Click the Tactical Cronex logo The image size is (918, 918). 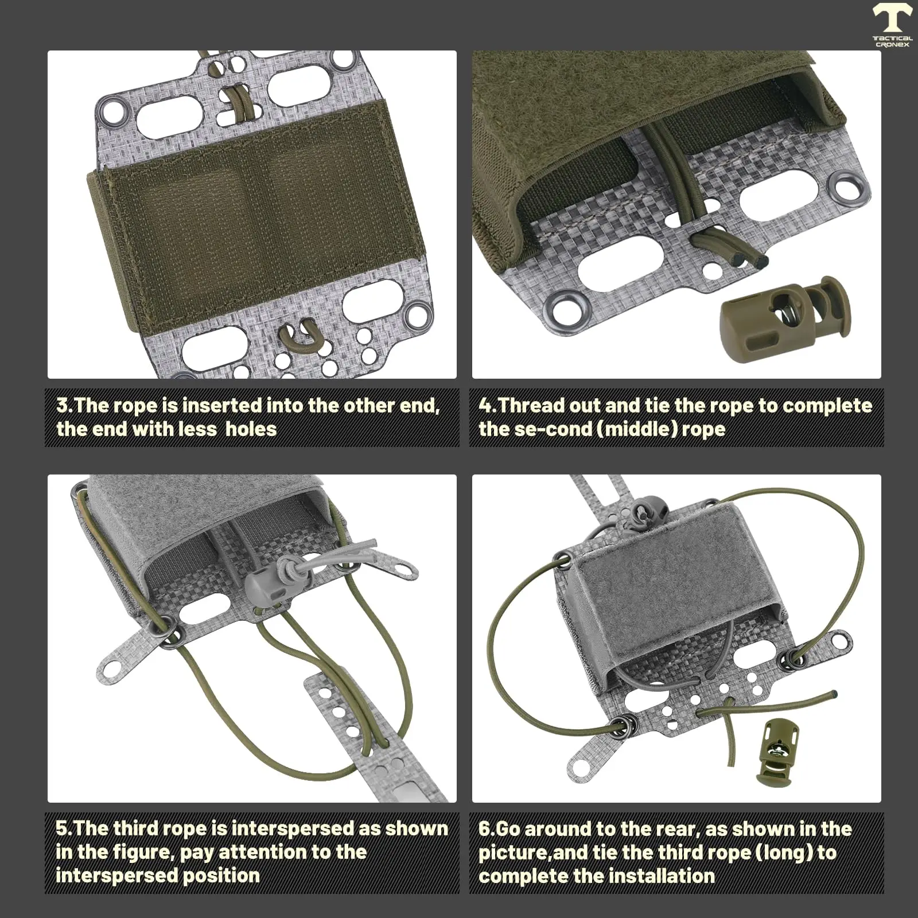(892, 26)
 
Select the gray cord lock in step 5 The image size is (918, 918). (267, 579)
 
